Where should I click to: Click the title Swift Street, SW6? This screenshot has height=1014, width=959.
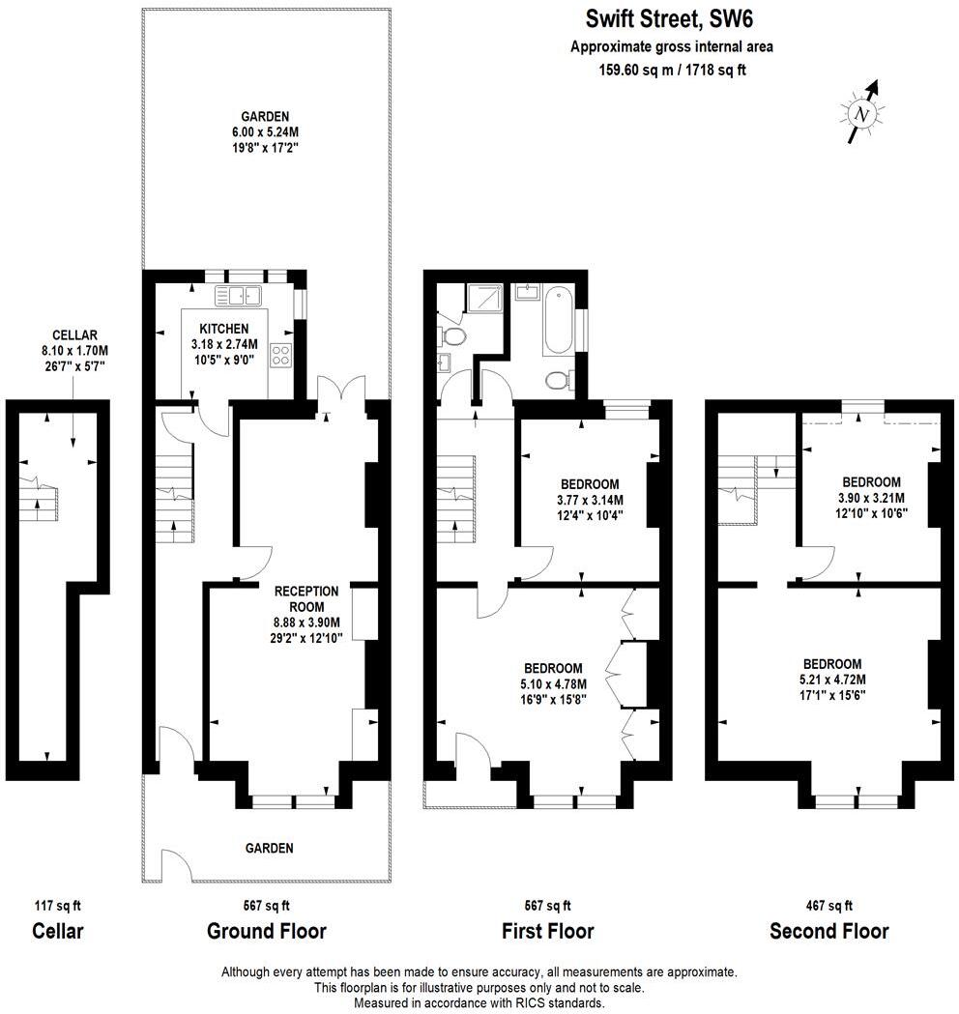coord(669,19)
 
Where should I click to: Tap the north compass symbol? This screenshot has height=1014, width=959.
coord(860,114)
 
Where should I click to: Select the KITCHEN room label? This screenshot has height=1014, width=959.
coord(223,329)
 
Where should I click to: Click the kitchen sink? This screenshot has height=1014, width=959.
coord(238,296)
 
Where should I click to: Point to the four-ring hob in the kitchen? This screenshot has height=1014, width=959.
coord(283,355)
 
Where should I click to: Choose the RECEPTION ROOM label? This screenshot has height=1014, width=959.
coord(305,598)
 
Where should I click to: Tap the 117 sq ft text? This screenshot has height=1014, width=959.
coord(58,906)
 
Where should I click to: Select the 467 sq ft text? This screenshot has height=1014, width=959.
coord(828,906)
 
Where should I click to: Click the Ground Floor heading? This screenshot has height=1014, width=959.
coord(266,932)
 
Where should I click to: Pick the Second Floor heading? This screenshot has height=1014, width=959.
coord(828,932)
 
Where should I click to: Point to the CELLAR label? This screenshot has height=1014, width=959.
coord(73,335)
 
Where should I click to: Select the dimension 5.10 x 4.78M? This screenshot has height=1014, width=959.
coord(553,682)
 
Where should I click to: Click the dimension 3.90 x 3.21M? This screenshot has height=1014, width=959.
coord(871,498)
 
